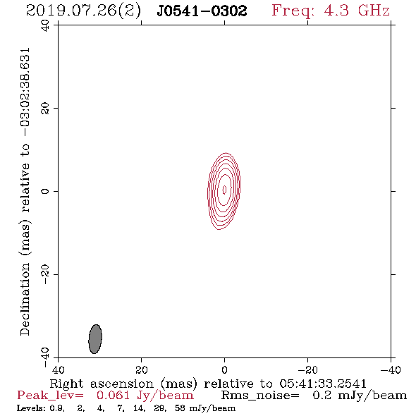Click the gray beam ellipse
coord(95,339)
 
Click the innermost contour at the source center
coord(224,190)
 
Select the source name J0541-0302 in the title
coord(202,11)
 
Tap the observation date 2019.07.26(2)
coord(83,11)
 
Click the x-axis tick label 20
coord(141,370)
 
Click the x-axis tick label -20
coord(307,370)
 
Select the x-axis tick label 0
coord(224,370)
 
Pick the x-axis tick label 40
coord(58,370)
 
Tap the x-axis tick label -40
coord(391,370)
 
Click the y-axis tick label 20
coord(45,109)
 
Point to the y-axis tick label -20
coord(45,274)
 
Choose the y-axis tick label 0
coord(45,191)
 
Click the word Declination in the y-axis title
coord(25,300)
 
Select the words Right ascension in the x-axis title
coord(102,384)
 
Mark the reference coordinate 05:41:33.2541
coord(323,384)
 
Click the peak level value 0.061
coord(113,396)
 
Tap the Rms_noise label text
coord(260,396)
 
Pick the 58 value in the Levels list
coord(180,408)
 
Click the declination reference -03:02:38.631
coord(25,92)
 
